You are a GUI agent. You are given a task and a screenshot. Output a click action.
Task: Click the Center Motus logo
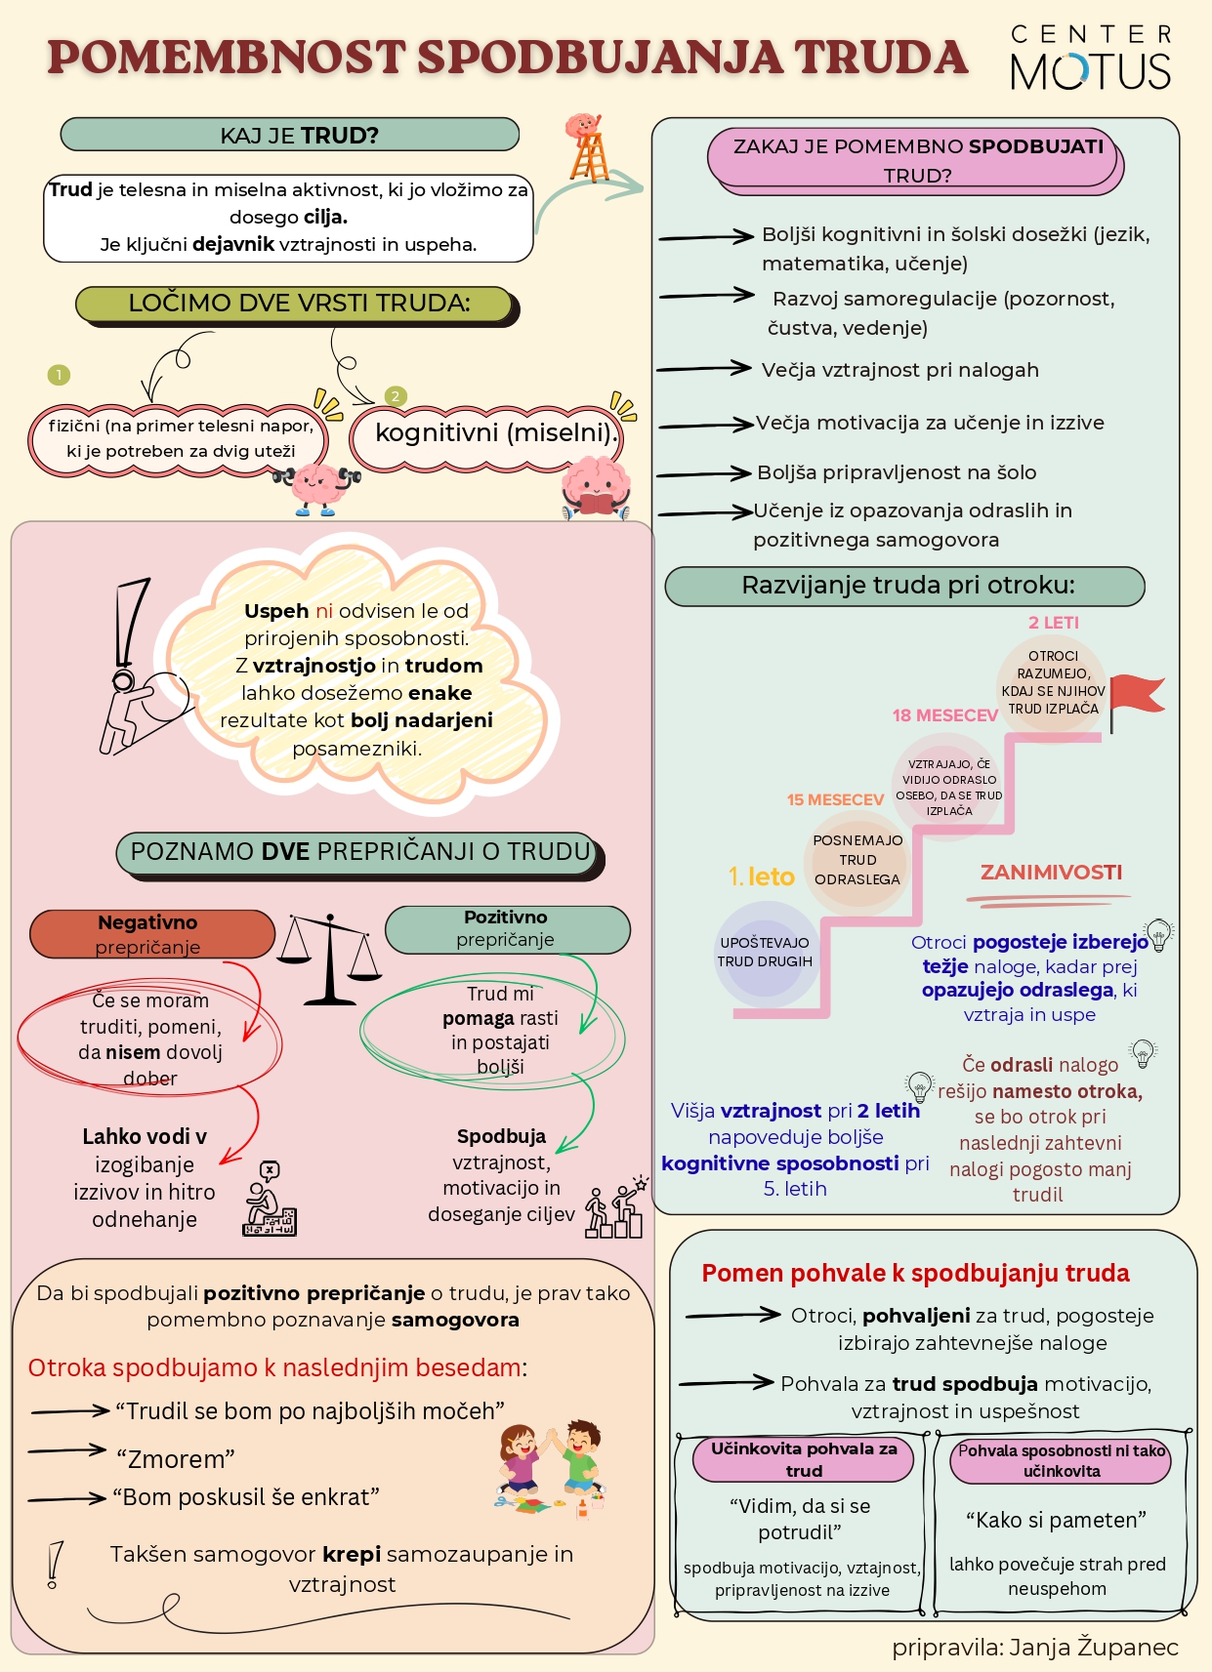click(1091, 58)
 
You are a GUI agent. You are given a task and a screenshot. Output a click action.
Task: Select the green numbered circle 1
click(59, 374)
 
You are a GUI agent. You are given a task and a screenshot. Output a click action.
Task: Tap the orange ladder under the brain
click(590, 158)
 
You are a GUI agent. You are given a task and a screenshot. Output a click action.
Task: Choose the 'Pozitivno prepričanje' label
click(507, 929)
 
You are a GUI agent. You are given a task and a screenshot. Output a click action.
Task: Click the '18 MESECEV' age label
click(944, 715)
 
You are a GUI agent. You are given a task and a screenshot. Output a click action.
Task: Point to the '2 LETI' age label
click(1053, 623)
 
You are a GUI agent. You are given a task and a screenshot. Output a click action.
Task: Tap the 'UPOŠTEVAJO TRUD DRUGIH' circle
click(765, 952)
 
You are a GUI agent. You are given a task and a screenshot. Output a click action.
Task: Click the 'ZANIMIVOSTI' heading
click(1051, 872)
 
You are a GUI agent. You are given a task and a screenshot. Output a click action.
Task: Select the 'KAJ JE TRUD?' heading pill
click(290, 135)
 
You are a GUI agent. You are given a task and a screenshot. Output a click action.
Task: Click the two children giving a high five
click(551, 1467)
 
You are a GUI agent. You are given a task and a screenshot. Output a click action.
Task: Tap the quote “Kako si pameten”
click(1056, 1520)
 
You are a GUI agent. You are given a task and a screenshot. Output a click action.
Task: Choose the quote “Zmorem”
click(176, 1458)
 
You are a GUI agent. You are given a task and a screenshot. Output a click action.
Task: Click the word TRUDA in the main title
click(881, 58)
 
